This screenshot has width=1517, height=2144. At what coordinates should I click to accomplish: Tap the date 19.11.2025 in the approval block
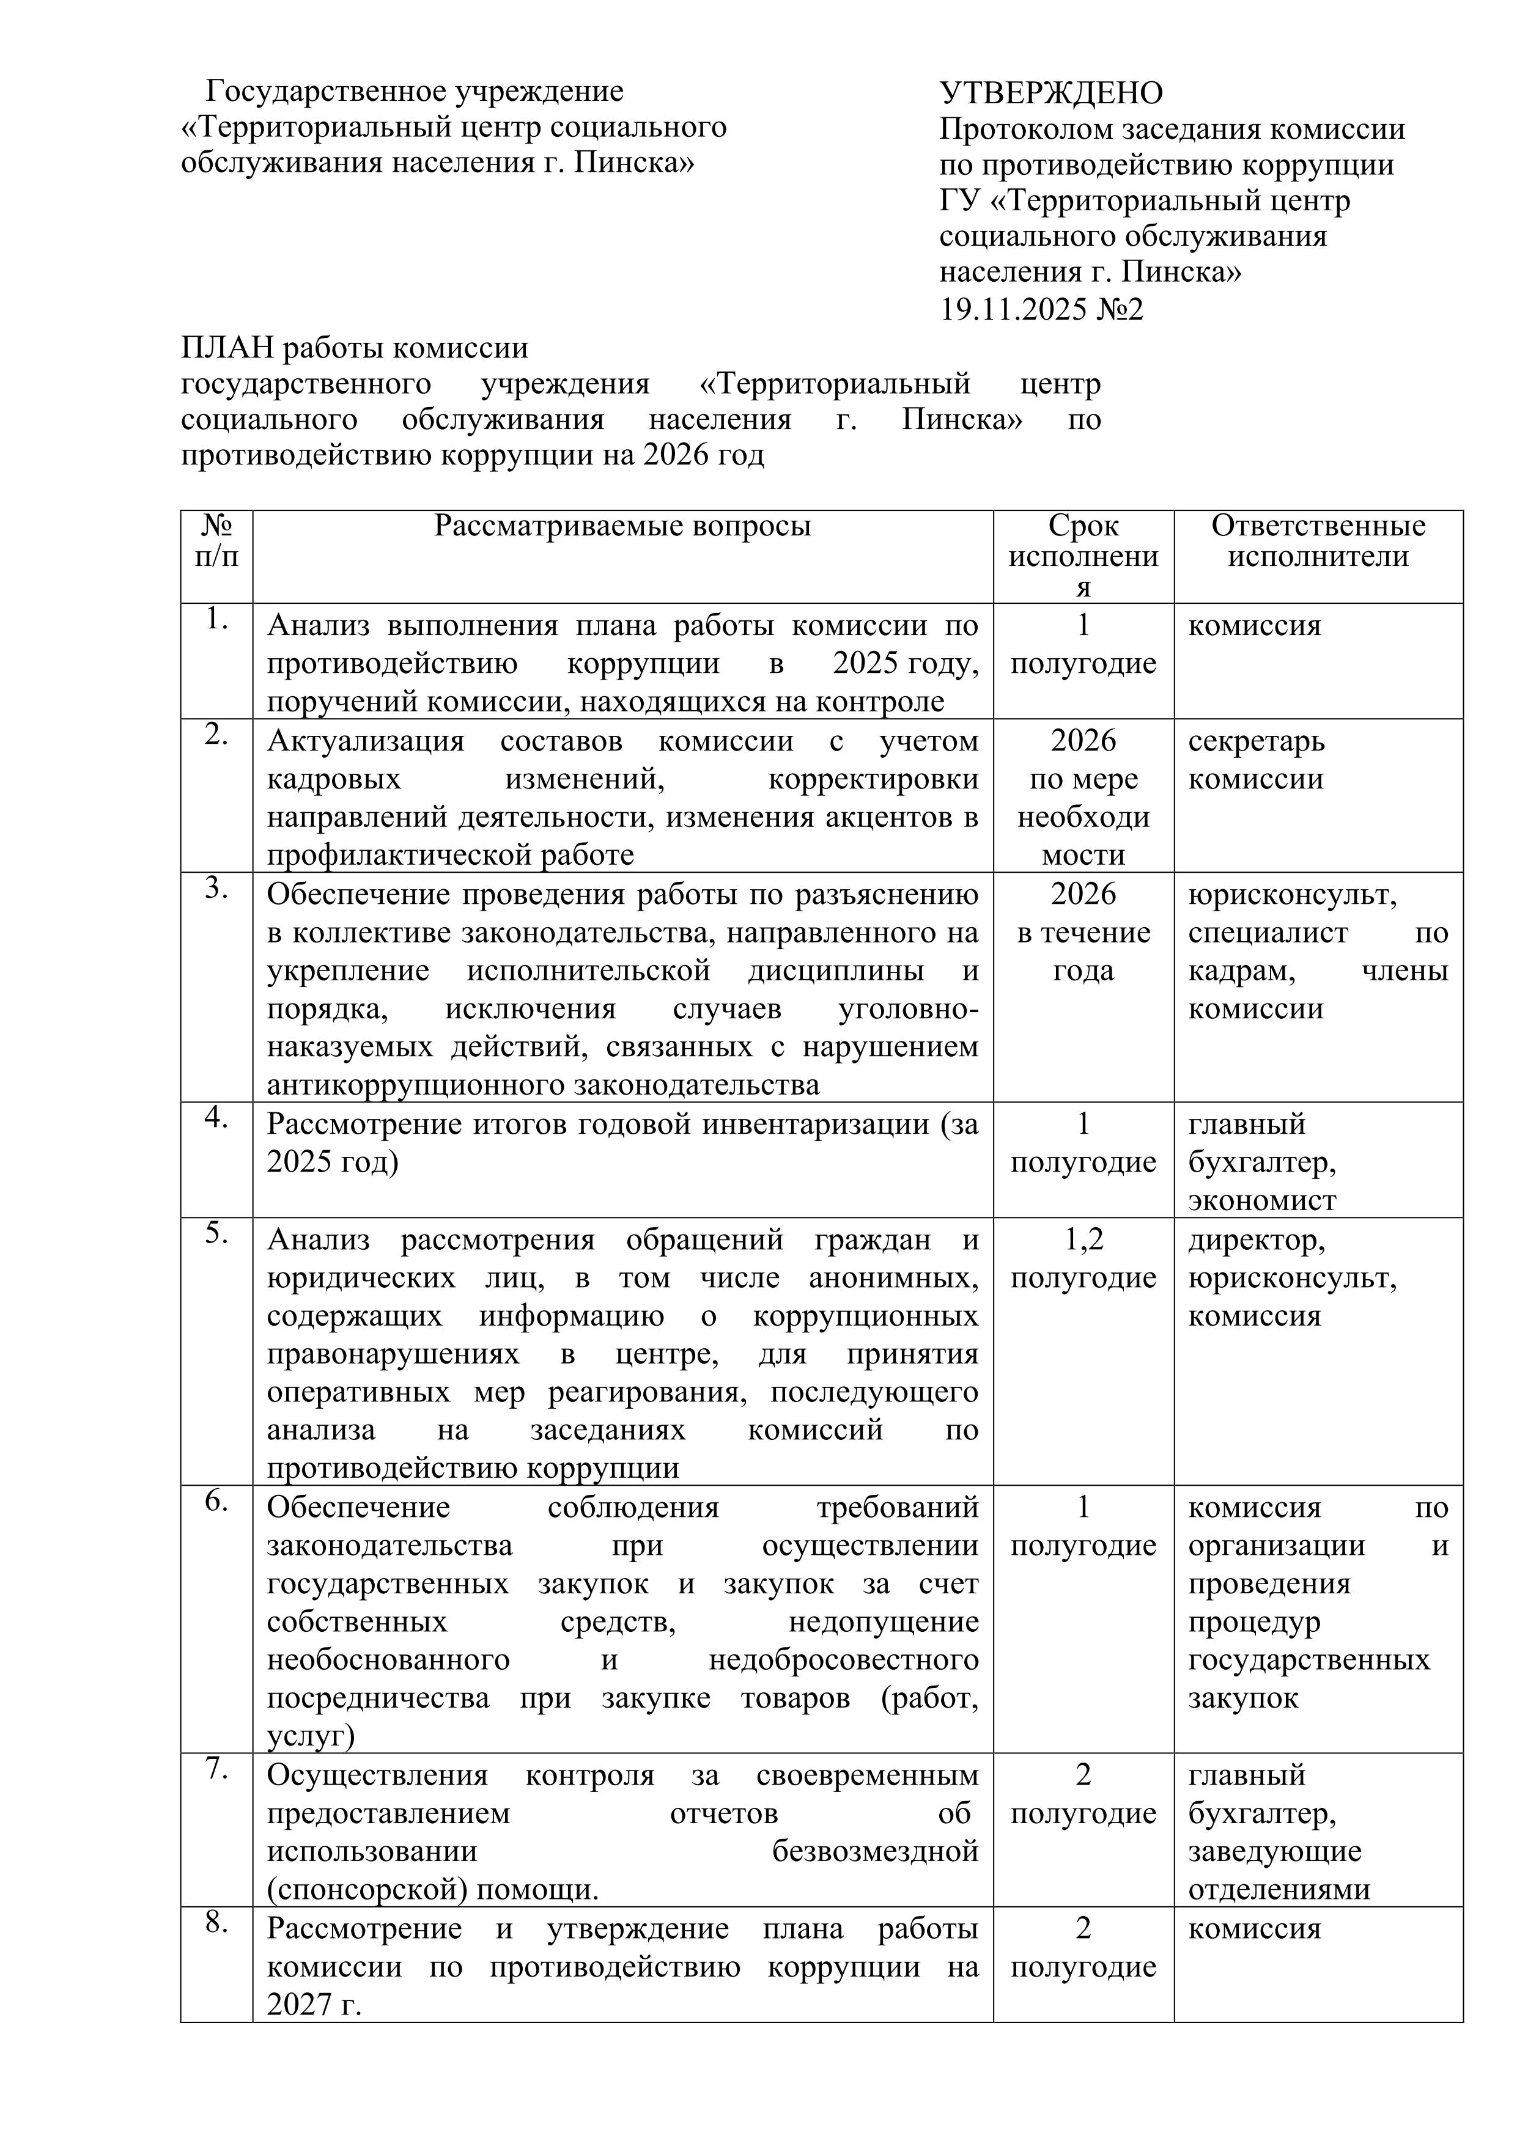[x=1014, y=309]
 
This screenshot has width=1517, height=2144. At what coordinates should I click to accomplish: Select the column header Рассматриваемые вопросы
[x=622, y=527]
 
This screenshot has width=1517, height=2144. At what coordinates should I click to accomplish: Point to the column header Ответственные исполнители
[x=1318, y=542]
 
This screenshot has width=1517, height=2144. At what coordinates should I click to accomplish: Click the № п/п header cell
[x=216, y=542]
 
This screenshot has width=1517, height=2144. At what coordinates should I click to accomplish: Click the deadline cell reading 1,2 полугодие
[x=1083, y=1259]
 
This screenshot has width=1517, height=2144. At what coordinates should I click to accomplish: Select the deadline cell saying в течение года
[x=1083, y=952]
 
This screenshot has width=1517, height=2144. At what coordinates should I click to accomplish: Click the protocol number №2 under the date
[x=1121, y=309]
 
